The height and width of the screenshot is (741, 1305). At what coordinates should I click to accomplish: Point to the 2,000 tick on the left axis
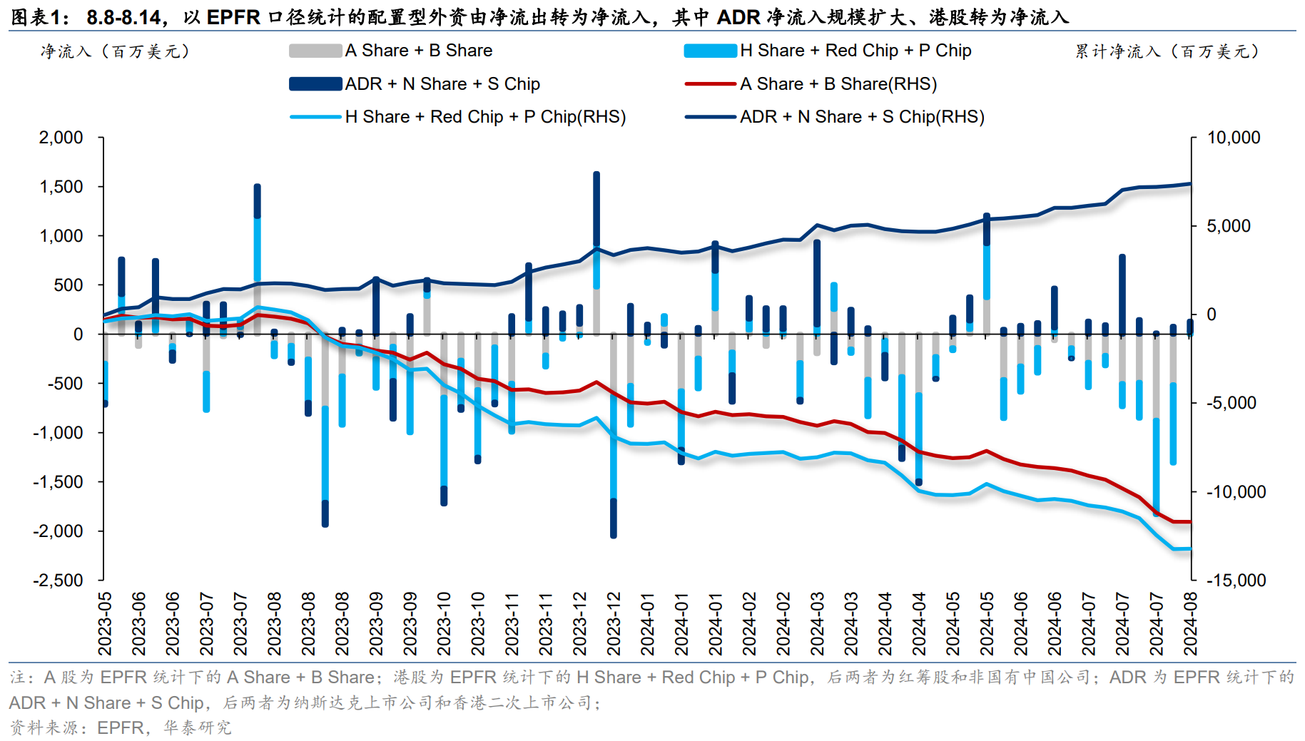point(61,138)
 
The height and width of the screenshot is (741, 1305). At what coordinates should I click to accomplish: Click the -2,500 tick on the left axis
point(59,581)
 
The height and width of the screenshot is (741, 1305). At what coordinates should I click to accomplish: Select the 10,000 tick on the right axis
point(1233,138)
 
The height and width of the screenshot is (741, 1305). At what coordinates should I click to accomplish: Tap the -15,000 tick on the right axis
point(1236,581)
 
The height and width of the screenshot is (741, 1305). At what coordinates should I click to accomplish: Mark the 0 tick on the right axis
point(1212,315)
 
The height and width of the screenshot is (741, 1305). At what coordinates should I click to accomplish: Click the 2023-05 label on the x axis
point(106,623)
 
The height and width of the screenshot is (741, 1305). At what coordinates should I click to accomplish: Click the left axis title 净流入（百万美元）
point(115,51)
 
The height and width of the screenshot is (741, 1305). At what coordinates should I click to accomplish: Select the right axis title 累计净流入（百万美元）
point(1167,51)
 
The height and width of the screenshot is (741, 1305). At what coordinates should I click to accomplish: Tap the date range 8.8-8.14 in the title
point(123,16)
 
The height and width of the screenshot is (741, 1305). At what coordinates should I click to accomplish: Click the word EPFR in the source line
point(120,727)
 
